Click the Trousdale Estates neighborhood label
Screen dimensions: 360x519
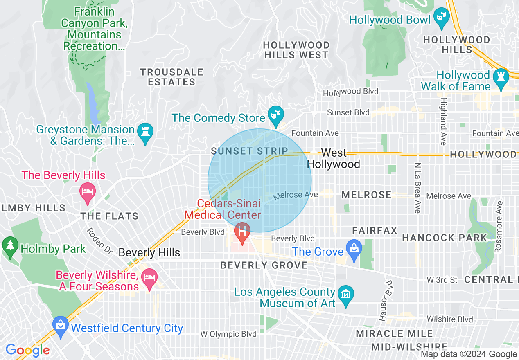171,77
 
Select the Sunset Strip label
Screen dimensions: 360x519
249,151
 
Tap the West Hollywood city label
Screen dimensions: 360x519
334,158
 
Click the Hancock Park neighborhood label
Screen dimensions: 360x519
445,238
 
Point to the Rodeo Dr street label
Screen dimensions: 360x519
99,241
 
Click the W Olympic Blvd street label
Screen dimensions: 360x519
228,334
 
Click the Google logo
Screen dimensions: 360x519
27,350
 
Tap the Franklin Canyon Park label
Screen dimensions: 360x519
94,29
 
